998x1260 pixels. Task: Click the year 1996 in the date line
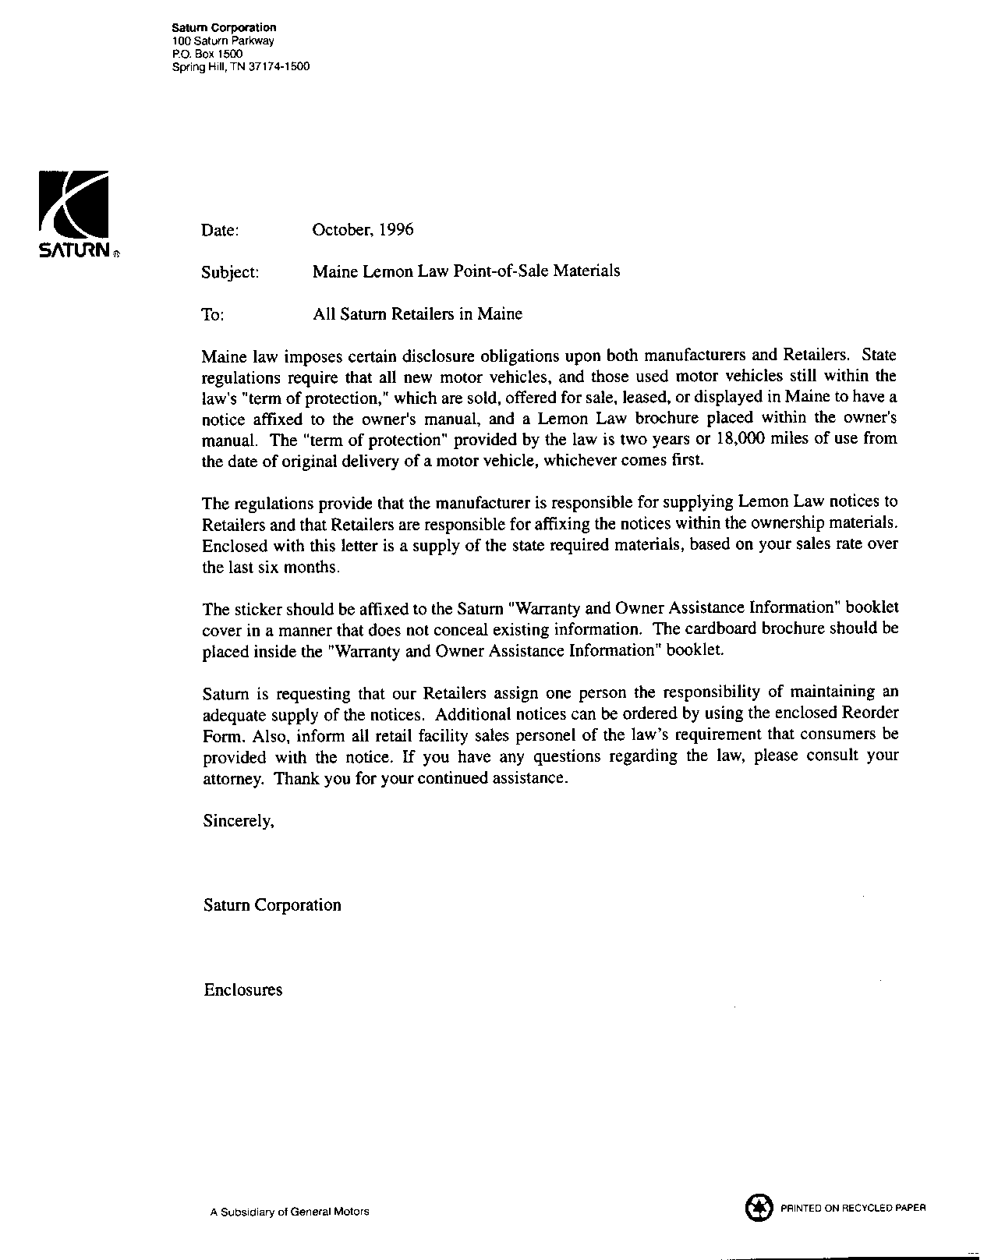click(x=395, y=229)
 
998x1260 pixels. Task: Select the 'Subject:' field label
click(x=229, y=272)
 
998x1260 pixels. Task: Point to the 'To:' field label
click(x=213, y=314)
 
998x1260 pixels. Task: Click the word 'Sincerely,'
click(x=239, y=820)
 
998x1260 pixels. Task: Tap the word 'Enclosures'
click(x=243, y=990)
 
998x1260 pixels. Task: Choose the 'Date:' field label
click(x=220, y=230)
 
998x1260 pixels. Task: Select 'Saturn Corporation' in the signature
click(x=272, y=905)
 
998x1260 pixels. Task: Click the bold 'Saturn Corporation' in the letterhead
click(x=224, y=28)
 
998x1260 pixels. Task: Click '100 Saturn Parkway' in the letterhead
click(x=223, y=41)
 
